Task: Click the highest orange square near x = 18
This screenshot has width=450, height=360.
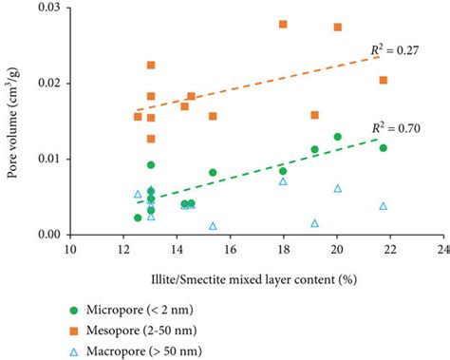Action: pos(283,24)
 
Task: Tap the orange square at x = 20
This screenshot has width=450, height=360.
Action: pos(338,27)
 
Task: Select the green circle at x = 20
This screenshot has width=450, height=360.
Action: pos(337,137)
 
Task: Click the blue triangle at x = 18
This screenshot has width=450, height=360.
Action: pos(283,180)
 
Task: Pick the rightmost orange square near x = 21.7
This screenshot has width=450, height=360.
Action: pos(384,80)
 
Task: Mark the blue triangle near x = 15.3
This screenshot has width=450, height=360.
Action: pos(213,226)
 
